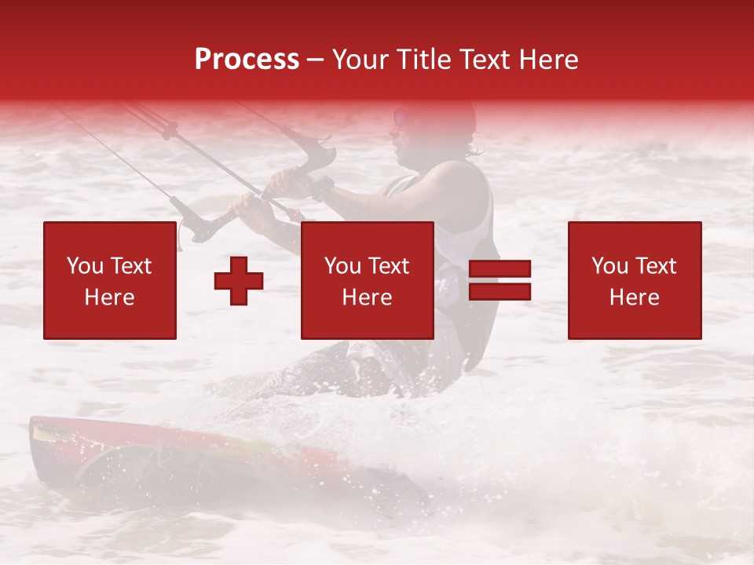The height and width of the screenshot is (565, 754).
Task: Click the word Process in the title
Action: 247,60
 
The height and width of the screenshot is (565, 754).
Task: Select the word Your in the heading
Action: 361,60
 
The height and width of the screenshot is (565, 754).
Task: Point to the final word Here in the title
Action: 549,60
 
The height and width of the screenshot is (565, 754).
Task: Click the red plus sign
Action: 239,280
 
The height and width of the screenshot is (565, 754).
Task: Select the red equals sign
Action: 500,280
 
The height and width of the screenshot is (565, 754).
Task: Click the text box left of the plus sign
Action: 110,280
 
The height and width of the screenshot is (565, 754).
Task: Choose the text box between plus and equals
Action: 367,280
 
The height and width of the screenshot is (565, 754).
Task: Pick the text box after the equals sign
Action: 635,280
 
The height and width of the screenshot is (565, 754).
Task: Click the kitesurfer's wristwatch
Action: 321,188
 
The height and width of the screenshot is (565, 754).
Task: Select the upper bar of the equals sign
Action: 500,269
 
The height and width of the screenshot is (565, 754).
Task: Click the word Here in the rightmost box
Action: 635,297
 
